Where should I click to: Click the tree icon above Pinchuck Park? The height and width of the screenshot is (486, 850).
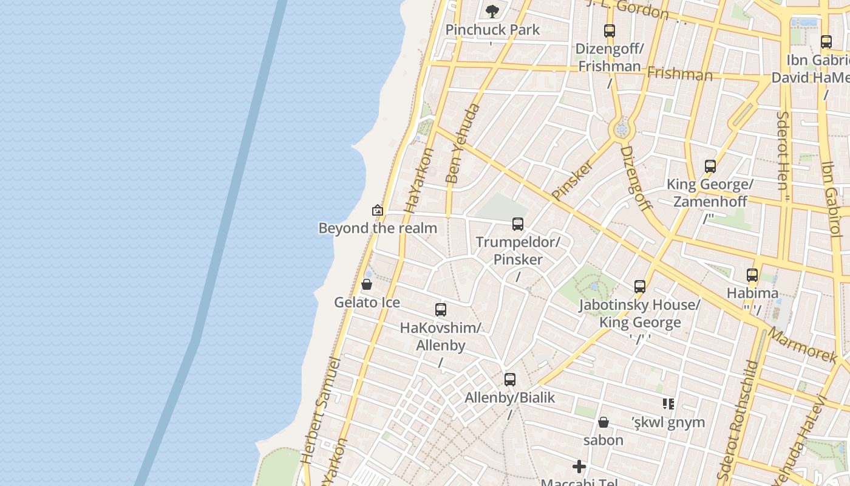[x=492, y=10]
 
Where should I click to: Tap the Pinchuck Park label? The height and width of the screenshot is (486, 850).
[x=492, y=30]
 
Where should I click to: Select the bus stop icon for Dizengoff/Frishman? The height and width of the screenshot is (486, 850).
[x=609, y=31]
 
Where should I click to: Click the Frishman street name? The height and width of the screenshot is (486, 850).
[x=679, y=74]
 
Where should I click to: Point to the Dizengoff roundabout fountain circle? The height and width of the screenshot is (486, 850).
[x=621, y=129]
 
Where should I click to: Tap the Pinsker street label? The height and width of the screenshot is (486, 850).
[x=573, y=180]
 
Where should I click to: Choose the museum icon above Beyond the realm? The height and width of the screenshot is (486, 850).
[x=378, y=210]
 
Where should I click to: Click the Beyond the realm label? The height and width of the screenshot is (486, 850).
[x=378, y=228]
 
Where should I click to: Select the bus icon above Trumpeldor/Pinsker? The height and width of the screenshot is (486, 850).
[x=517, y=224]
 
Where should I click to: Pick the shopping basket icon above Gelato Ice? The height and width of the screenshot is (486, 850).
[x=367, y=284]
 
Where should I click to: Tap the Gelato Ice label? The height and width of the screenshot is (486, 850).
[x=367, y=302]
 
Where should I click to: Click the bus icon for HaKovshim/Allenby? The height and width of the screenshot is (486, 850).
[x=441, y=310]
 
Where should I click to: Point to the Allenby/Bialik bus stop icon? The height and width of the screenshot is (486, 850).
[x=510, y=380]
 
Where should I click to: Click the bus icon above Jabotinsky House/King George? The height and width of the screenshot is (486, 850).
[x=639, y=287]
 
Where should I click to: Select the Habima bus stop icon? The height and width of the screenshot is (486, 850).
[x=752, y=275]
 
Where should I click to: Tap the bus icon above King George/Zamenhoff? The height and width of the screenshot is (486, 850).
[x=710, y=166]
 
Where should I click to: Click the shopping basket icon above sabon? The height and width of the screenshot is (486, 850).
[x=603, y=422]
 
